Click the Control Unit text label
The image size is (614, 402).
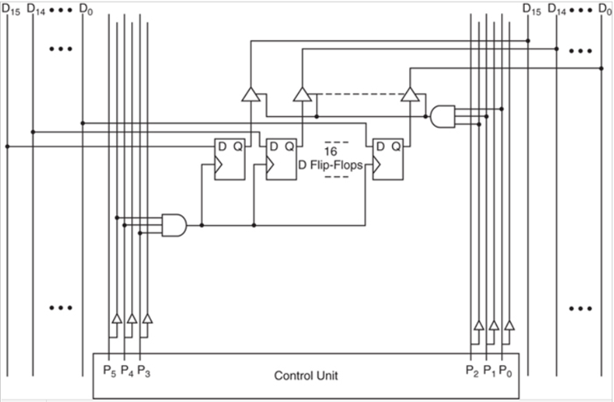coord(305,376)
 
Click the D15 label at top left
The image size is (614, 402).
coord(11,9)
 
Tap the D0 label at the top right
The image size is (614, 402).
coord(606,9)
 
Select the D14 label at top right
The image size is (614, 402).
coord(558,9)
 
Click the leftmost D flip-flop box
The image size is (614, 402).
coord(229,158)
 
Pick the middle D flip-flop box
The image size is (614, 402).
coord(281,158)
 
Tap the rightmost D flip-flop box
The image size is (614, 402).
coord(388,158)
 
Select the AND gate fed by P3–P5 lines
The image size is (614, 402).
coord(174,224)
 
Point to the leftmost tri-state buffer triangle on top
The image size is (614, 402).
coord(250,96)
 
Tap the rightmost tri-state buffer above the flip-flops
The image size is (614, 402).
coord(409,96)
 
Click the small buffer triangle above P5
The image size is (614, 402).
coord(116,319)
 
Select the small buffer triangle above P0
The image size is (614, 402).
coord(510,325)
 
